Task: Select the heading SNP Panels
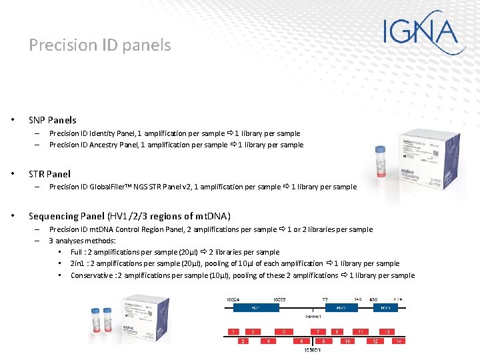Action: tap(52, 120)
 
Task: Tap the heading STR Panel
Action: tap(49, 174)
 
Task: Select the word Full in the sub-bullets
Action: tap(77, 252)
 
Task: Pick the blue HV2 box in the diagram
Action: tap(341, 308)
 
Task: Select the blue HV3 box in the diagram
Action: tap(385, 308)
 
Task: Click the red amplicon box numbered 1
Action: tap(233, 331)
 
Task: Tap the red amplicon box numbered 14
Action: tap(399, 341)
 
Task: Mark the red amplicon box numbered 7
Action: tap(318, 331)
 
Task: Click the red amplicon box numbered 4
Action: tap(269, 341)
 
